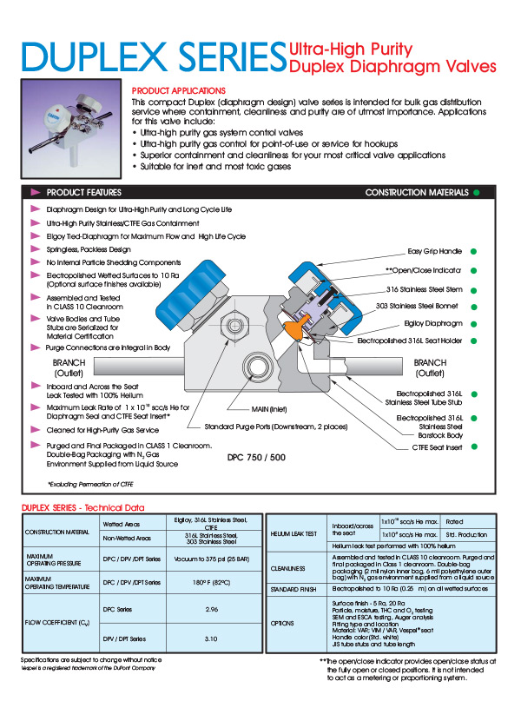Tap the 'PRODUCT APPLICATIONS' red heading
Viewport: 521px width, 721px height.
tap(178, 90)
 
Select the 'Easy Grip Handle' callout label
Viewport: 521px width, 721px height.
tap(436, 251)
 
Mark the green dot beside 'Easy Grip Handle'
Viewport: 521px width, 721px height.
tap(474, 251)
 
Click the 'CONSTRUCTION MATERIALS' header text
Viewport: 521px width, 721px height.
tap(417, 192)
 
